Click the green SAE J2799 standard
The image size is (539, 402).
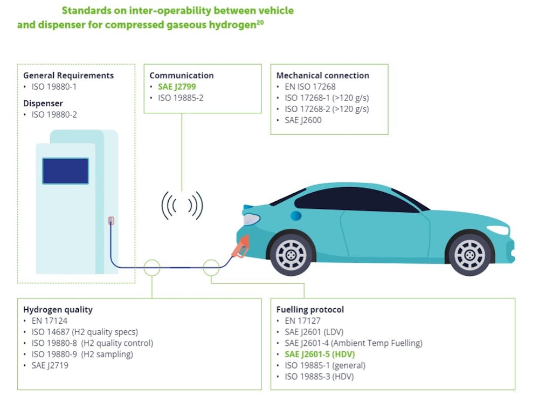[177, 87]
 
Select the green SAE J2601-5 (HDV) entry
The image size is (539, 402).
[319, 354]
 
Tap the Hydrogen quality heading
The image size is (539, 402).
[58, 309]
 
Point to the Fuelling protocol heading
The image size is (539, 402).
[310, 309]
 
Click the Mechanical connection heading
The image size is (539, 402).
[322, 76]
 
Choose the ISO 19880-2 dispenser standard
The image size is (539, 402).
[54, 114]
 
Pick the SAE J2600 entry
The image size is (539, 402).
[303, 120]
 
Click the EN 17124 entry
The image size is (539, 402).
[50, 321]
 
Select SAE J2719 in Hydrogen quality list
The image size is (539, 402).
[50, 365]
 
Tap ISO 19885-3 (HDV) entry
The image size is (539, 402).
[319, 377]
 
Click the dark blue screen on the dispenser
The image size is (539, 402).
[65, 171]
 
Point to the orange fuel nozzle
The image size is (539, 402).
[240, 247]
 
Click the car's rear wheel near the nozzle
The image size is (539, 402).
[291, 255]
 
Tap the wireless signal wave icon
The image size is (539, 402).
[182, 206]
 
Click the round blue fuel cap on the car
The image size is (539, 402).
[295, 216]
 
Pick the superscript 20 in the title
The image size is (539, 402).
[260, 23]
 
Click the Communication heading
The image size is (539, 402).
[182, 76]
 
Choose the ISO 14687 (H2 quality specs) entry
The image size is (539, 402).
[85, 332]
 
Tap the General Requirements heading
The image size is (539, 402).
[68, 76]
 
